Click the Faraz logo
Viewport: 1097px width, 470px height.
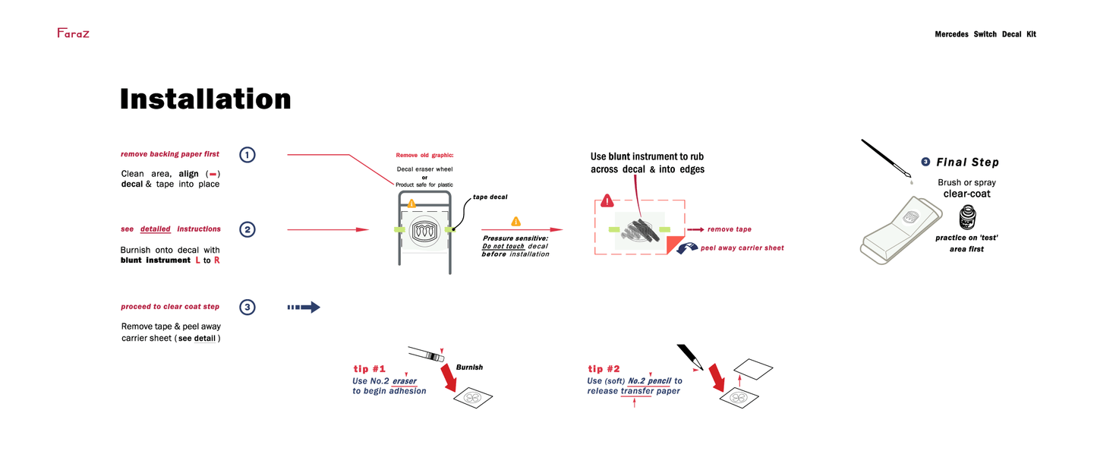click(73, 33)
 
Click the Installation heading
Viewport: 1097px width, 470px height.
click(205, 99)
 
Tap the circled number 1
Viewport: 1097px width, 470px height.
click(247, 155)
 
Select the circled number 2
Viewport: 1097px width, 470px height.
click(247, 229)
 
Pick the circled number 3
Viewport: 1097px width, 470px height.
click(247, 308)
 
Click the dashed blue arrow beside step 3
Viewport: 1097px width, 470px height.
click(304, 308)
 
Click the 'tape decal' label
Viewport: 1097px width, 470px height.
click(490, 197)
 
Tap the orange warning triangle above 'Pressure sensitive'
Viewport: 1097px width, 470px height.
click(516, 222)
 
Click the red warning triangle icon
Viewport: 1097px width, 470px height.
click(607, 201)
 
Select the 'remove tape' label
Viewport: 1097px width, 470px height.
click(729, 229)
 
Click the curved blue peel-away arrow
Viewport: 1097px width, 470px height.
click(686, 248)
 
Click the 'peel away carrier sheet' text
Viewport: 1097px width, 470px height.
click(742, 248)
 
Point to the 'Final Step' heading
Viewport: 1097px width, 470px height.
click(967, 162)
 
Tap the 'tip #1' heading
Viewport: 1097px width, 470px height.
click(370, 369)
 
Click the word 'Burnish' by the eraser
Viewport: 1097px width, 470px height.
click(469, 367)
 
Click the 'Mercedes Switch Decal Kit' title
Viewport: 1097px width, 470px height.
click(985, 34)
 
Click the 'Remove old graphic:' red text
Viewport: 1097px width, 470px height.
click(424, 155)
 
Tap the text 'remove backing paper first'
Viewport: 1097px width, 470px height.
click(170, 154)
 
